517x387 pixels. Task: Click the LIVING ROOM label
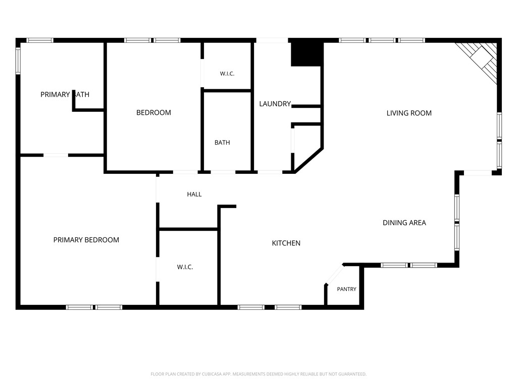pos(409,113)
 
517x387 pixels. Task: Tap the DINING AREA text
pos(404,223)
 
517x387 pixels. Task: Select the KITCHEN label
pos(286,243)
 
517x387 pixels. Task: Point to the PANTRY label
pos(346,289)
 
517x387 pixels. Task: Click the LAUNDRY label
pos(275,104)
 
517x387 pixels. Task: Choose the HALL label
pos(194,195)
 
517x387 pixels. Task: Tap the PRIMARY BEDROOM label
pos(86,240)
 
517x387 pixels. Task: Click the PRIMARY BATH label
pos(65,95)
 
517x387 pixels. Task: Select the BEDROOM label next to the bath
pos(153,112)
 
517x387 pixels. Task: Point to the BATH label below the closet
pos(222,143)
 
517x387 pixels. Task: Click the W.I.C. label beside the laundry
pos(227,74)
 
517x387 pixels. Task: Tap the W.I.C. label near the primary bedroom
pos(185,267)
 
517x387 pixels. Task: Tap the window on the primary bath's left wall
pos(18,61)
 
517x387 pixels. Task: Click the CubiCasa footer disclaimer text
pos(258,374)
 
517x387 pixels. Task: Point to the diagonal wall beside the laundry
pos(309,160)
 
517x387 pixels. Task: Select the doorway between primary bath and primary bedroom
pos(56,155)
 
